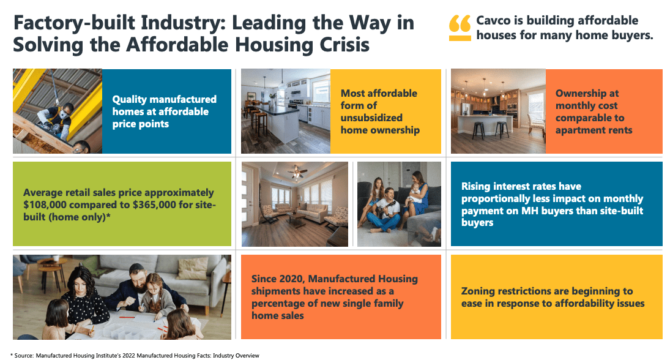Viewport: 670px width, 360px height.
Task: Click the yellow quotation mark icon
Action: point(460,28)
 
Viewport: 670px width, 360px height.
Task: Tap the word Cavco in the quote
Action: point(494,21)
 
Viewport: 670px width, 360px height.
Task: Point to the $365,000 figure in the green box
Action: point(154,205)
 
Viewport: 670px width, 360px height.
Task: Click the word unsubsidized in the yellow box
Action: point(371,118)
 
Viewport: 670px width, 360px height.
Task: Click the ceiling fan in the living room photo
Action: point(297,171)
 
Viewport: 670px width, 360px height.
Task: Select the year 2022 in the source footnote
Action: point(128,356)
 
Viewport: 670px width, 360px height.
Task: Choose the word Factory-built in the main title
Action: point(73,23)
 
